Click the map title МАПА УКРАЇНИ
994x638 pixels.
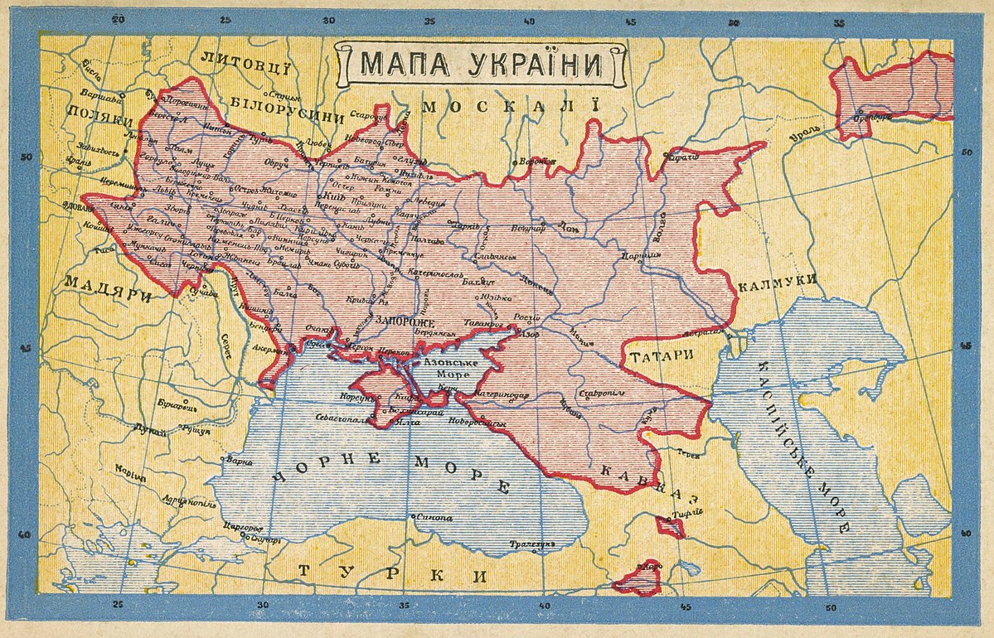[481, 64]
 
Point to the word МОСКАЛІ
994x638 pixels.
[510, 107]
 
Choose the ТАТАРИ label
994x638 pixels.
[662, 355]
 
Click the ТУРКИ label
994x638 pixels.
[392, 573]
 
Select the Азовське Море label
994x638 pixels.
[449, 370]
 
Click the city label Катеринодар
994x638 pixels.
[502, 396]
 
